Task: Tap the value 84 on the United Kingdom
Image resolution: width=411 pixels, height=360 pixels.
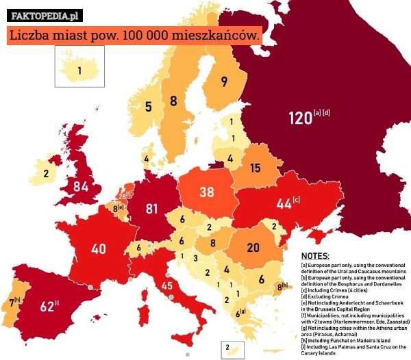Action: click(81, 185)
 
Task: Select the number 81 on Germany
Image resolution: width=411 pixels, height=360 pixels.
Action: click(151, 208)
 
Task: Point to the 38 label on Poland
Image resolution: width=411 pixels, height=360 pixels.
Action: click(207, 192)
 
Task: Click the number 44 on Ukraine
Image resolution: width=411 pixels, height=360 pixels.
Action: click(284, 203)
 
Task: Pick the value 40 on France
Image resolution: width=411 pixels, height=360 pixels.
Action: click(98, 248)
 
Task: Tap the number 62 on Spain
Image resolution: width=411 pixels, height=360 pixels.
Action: click(47, 307)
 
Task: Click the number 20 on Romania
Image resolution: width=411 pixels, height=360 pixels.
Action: click(253, 247)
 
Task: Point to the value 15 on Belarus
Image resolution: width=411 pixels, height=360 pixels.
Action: click(254, 168)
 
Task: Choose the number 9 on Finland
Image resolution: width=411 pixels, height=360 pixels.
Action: click(224, 81)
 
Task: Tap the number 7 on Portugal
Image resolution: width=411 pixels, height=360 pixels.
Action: click(12, 302)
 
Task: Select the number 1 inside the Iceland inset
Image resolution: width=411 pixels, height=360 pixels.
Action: click(79, 69)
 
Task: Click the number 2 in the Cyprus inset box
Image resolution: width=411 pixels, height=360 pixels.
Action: click(227, 348)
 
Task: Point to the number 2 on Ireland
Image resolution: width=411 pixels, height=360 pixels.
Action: click(46, 173)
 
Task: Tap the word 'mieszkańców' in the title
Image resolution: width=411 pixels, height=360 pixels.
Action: click(214, 34)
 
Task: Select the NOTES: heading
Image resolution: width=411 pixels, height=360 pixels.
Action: click(315, 255)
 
